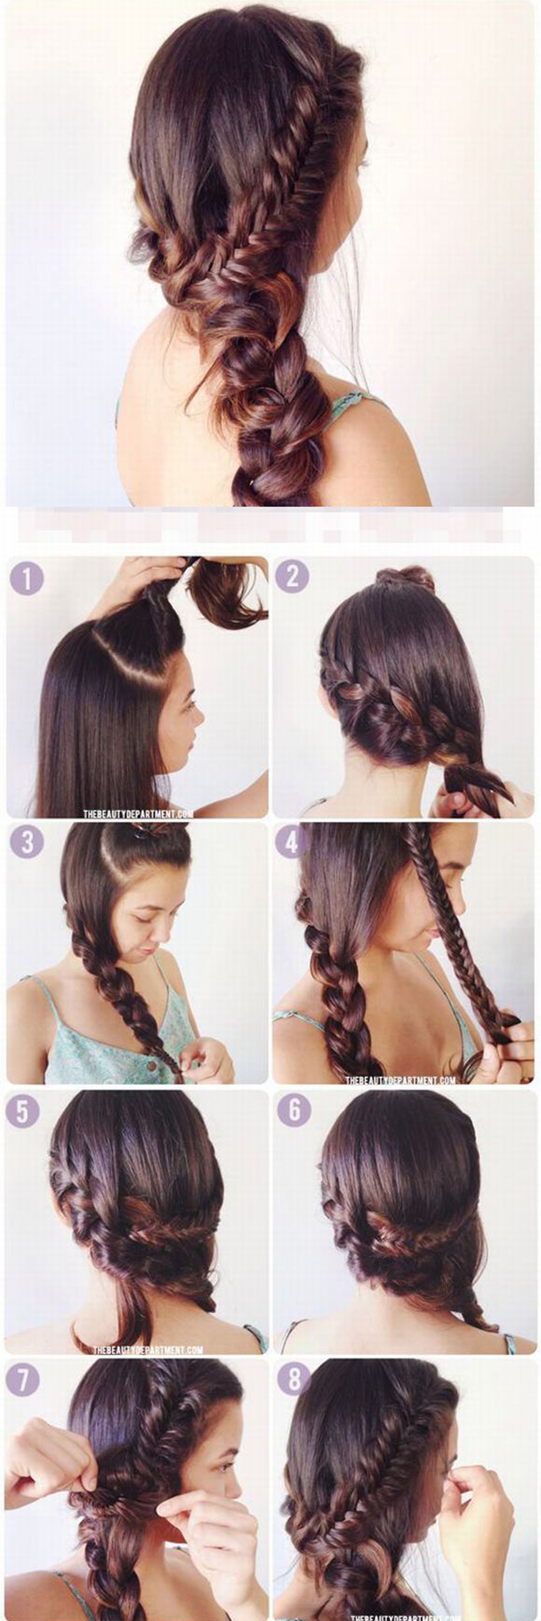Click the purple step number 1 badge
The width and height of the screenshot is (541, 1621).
pos(26,578)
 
